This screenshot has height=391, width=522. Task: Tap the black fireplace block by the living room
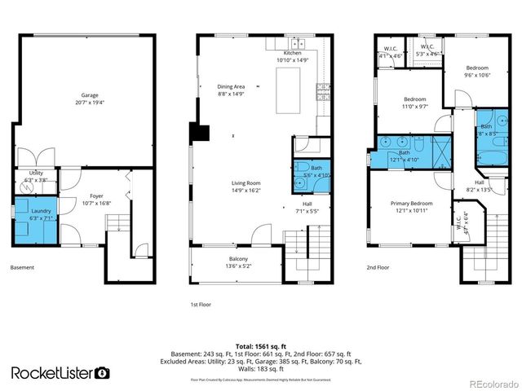pyautogui.click(x=198, y=134)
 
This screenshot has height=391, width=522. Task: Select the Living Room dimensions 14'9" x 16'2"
pyautogui.click(x=245, y=190)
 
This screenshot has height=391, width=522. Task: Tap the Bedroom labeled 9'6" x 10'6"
pyautogui.click(x=477, y=72)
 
